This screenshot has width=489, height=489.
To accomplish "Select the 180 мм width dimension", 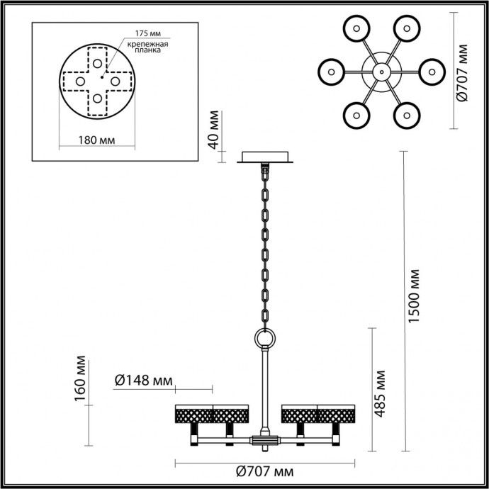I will coord(96,139).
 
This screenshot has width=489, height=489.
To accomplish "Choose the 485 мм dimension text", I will coord(381,393).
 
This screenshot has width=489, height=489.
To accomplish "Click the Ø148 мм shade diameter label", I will coord(144,381).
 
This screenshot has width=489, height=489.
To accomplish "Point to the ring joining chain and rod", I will coord(266,339).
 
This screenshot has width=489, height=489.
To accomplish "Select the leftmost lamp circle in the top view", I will coord(330,71).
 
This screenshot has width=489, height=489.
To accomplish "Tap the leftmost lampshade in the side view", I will coord(193,414).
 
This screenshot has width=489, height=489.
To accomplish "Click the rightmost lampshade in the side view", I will coord(337,414).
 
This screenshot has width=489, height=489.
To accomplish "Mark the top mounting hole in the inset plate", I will coord(96,62).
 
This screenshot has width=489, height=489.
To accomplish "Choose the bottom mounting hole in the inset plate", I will coord(96,99).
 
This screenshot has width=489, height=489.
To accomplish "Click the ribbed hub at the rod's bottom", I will coord(265,440).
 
